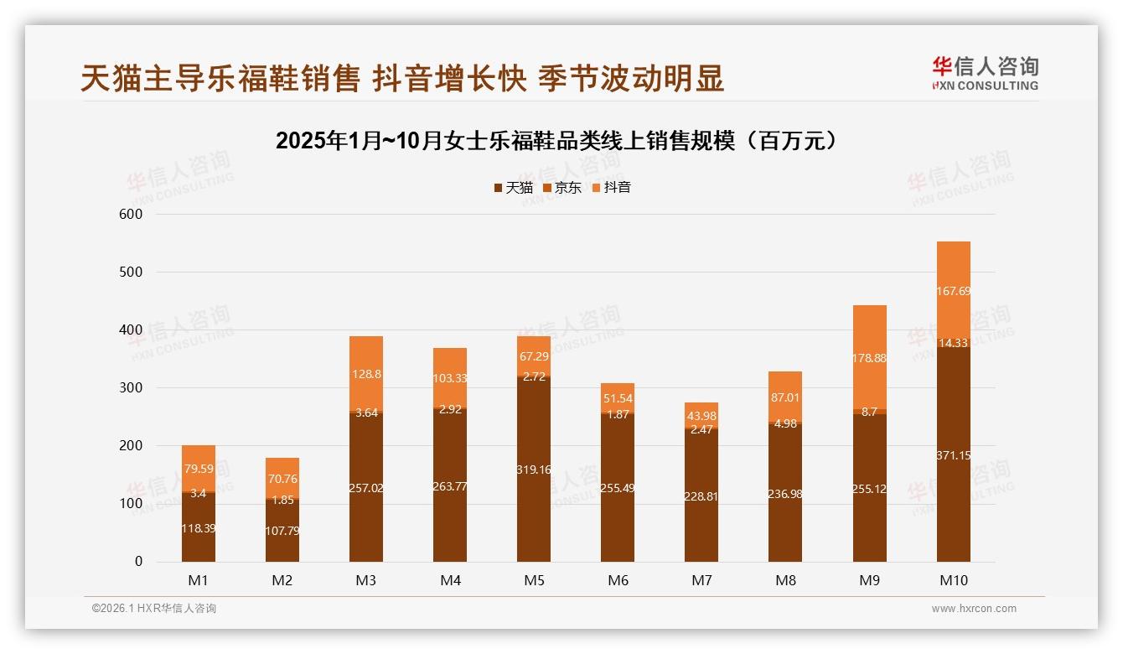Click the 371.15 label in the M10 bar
[x=953, y=455]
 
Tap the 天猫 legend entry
[x=513, y=188]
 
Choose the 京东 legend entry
[x=562, y=188]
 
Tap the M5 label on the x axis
[x=534, y=580]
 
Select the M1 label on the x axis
[x=199, y=580]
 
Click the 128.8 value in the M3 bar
[x=366, y=374]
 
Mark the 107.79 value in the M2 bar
[x=282, y=531]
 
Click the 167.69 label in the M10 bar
[x=953, y=291]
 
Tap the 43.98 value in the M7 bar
[x=701, y=417]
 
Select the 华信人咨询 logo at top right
[x=985, y=74]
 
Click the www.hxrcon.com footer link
[x=974, y=609]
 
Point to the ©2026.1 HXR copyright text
[x=154, y=609]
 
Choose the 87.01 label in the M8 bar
[x=785, y=397]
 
